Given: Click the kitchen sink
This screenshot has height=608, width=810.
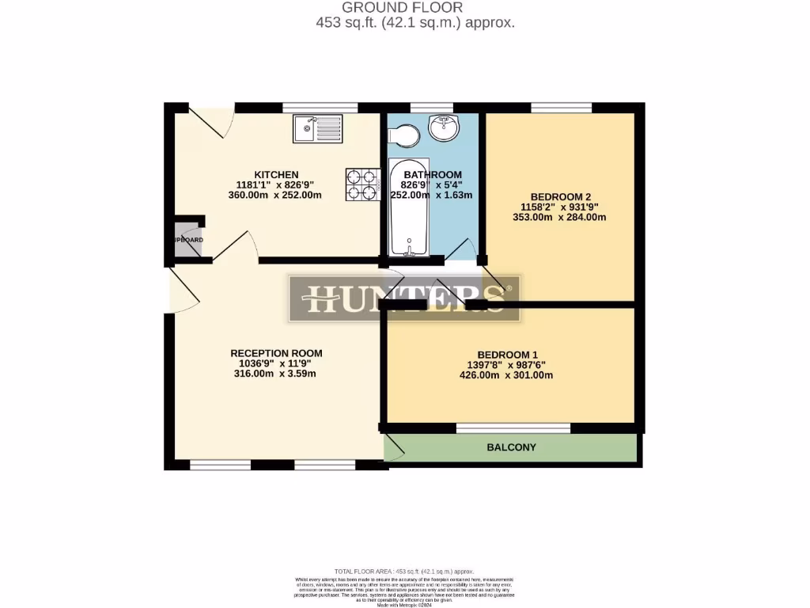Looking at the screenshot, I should (317, 128).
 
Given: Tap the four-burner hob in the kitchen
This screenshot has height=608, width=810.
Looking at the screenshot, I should (361, 184).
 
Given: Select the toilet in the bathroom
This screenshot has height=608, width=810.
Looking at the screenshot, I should (405, 135).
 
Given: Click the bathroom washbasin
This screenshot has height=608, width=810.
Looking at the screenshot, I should (444, 127).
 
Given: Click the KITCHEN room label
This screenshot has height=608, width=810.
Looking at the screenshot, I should (275, 175).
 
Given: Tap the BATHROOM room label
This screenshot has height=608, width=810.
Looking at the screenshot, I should (432, 175).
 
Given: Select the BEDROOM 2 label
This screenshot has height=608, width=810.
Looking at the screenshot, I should (560, 197).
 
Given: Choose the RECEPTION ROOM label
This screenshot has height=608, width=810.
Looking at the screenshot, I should (276, 353).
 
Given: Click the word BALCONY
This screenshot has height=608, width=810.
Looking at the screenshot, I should (511, 447).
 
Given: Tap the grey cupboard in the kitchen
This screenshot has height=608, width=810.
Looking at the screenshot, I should (187, 239).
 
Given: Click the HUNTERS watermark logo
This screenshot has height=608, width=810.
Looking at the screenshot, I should (404, 298).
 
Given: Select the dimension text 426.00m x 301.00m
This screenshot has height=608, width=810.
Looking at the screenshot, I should (506, 375).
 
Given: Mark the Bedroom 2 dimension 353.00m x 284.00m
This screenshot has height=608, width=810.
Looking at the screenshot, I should (560, 218).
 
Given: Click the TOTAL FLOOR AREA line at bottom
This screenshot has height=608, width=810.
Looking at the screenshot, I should (404, 571).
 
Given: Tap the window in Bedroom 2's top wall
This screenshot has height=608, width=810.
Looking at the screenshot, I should (561, 108).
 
